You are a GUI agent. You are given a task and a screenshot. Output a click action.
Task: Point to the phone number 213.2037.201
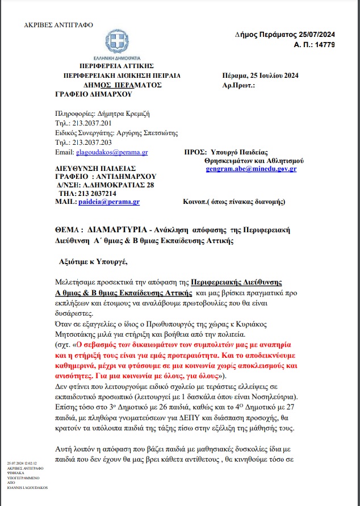tap(90, 123)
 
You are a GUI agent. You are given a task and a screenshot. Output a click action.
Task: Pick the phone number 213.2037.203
tap(90, 143)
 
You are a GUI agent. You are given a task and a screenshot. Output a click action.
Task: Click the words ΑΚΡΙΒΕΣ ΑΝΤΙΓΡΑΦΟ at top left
tap(51, 26)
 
